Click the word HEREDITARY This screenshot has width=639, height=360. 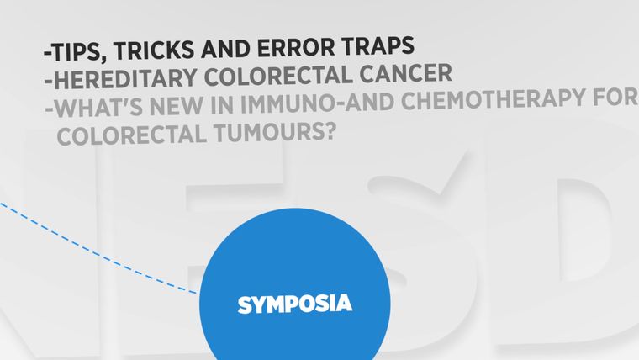click(125, 78)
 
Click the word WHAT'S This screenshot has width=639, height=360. click(98, 107)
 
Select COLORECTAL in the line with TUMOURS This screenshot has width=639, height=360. click(132, 135)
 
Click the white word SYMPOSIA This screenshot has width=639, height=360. click(295, 304)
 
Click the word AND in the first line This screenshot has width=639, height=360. click(225, 48)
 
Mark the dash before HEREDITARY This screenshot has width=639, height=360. click(49, 81)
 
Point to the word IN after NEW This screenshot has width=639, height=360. click(222, 105)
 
